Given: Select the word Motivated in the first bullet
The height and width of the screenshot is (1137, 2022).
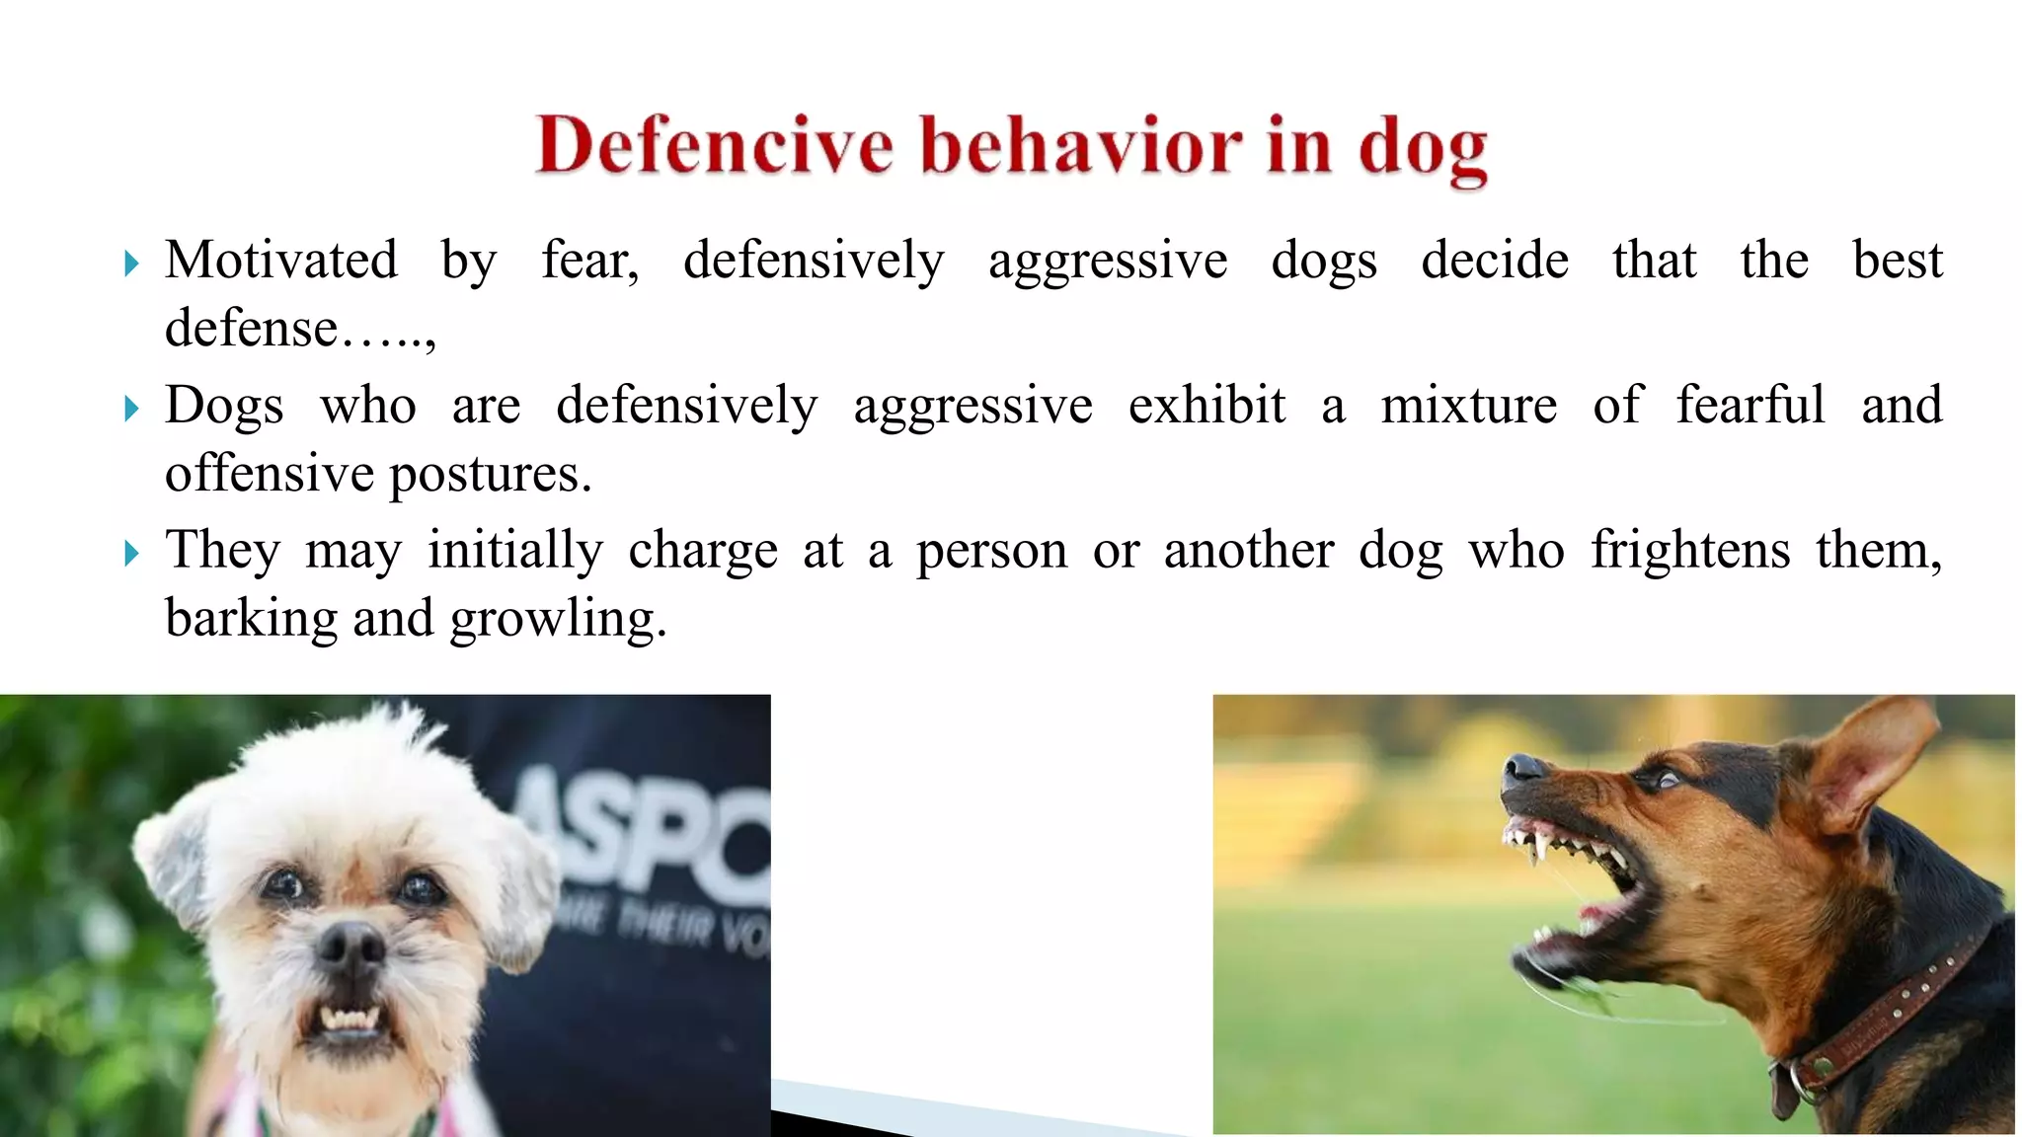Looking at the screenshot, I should pyautogui.click(x=281, y=261).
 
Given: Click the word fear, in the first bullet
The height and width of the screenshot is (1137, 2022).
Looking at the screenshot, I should pyautogui.click(x=589, y=261).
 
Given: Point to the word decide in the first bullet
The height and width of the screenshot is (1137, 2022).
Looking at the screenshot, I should pyautogui.click(x=1494, y=261).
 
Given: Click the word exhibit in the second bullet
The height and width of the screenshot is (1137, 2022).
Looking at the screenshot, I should pyautogui.click(x=1206, y=406).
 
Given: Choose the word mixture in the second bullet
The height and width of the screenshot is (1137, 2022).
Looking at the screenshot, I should pyautogui.click(x=1468, y=406).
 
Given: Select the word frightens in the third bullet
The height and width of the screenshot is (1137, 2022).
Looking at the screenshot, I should pyautogui.click(x=1689, y=550).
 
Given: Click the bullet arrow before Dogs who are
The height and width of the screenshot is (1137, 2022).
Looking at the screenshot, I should pyautogui.click(x=132, y=408).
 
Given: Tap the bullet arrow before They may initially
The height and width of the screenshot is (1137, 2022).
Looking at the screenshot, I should pyautogui.click(x=132, y=553).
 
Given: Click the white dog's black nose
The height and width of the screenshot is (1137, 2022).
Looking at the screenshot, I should pyautogui.click(x=350, y=945).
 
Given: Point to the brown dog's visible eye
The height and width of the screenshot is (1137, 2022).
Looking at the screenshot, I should pyautogui.click(x=1666, y=780).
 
